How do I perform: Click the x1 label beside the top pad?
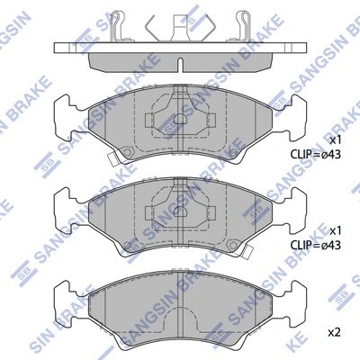[335, 140]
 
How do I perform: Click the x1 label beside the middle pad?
[335, 229]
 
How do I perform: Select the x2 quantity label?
[335, 332]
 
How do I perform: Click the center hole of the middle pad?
[180, 210]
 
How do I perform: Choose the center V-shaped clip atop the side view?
[180, 27]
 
